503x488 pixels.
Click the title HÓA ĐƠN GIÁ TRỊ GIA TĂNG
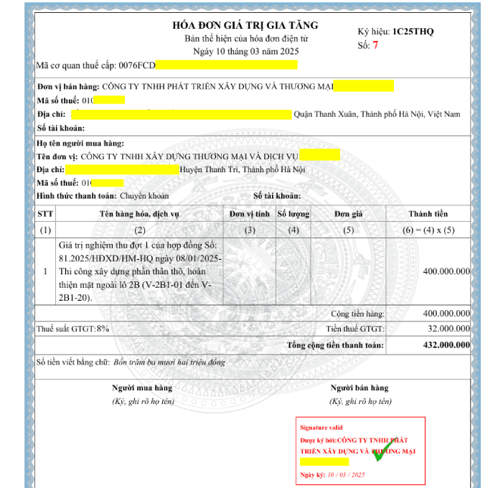[x=245, y=25]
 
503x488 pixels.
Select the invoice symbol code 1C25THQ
[x=413, y=32]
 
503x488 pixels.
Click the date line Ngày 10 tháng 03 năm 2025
[x=245, y=51]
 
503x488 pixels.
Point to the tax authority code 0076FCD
[x=136, y=66]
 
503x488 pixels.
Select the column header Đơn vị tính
[x=249, y=214]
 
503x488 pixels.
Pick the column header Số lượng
[x=293, y=214]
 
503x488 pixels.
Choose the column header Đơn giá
[x=349, y=214]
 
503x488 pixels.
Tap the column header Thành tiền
[x=428, y=214]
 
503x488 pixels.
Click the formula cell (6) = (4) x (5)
[x=428, y=230]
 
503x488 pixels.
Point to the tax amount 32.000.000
[x=446, y=329]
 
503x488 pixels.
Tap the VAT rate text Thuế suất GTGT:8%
[x=73, y=329]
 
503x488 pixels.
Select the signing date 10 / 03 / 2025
[x=347, y=475]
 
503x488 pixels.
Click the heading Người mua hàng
[x=143, y=388]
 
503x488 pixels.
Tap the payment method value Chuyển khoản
[x=144, y=195]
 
